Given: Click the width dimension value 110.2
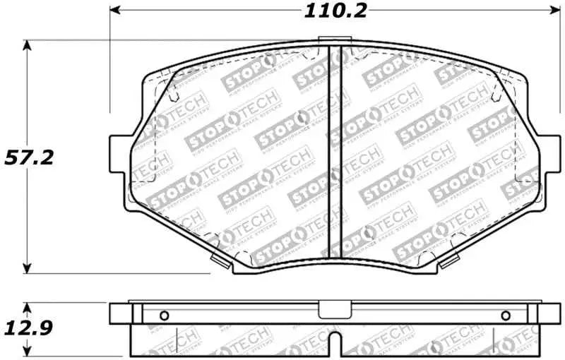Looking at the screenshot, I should pyautogui.click(x=331, y=11).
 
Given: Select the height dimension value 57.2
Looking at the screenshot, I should pyautogui.click(x=29, y=157).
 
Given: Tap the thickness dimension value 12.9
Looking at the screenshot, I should pyautogui.click(x=29, y=328).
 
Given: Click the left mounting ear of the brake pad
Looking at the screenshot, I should pyautogui.click(x=120, y=150).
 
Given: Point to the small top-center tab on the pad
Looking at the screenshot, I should pyautogui.click(x=330, y=41).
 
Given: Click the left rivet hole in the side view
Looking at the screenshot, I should pyautogui.click(x=164, y=316).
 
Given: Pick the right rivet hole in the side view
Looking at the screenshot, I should pyautogui.click(x=504, y=316).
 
